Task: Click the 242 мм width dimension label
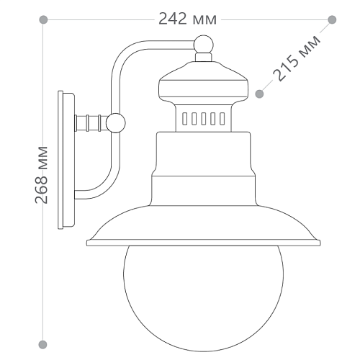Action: click(187, 19)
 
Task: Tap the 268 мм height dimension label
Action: click(41, 175)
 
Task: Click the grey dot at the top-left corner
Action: click(43, 19)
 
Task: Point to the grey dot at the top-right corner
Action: click(332, 19)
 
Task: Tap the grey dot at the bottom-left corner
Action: click(43, 344)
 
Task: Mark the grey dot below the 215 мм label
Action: click(259, 94)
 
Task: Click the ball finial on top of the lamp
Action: click(203, 45)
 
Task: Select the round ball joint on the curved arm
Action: click(116, 123)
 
